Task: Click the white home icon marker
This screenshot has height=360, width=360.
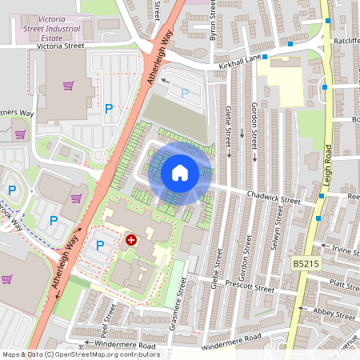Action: [x=180, y=173]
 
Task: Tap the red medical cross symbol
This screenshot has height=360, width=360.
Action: [x=130, y=239]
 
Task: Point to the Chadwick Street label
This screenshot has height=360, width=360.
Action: [x=273, y=194]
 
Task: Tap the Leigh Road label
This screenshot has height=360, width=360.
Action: [x=328, y=169]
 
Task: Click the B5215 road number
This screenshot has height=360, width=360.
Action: [x=306, y=263]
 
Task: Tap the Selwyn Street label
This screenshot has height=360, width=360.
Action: [x=279, y=226]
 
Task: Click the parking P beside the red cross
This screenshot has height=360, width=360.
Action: [x=100, y=246]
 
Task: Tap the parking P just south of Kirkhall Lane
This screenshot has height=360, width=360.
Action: [x=185, y=94]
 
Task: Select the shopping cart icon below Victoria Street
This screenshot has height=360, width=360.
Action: [x=70, y=85]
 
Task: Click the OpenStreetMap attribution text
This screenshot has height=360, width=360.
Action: [x=80, y=354]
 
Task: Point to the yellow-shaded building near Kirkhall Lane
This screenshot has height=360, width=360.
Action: [x=285, y=80]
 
